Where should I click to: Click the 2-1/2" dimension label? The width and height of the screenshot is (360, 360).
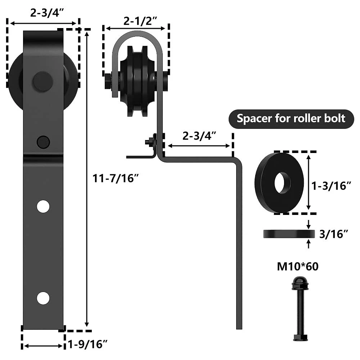140,21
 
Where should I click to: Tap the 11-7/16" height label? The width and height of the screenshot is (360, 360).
116,178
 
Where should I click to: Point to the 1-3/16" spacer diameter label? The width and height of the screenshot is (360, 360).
331,185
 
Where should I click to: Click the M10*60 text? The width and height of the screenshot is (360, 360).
298,266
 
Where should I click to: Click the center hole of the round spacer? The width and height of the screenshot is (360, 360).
282,183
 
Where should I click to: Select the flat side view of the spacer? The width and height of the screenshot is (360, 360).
289,234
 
